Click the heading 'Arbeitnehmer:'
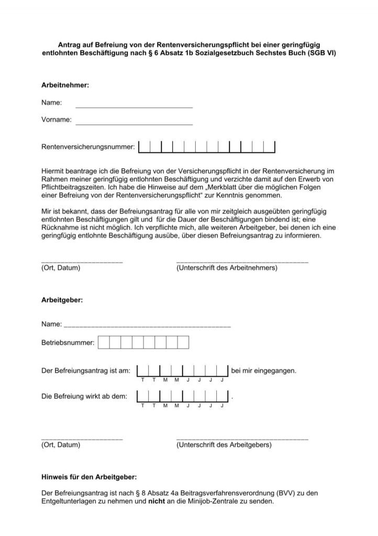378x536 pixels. tap(65, 84)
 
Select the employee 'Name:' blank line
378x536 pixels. tap(134, 106)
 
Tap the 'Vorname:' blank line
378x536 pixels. tap(134, 124)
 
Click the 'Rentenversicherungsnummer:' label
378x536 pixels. tap(88, 148)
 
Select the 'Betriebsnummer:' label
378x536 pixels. tap(68, 343)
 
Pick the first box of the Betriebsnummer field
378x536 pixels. tap(104, 343)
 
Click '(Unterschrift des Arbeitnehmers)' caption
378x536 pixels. tap(227, 268)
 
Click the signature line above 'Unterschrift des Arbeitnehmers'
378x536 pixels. tap(242, 261)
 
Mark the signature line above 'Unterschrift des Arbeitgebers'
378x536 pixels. tap(242, 438)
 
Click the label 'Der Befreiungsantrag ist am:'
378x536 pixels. tap(85, 371)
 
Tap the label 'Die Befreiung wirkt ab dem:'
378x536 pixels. tap(84, 396)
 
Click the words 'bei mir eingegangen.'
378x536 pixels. tap(263, 371)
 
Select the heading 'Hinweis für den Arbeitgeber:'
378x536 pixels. tap(89, 477)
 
